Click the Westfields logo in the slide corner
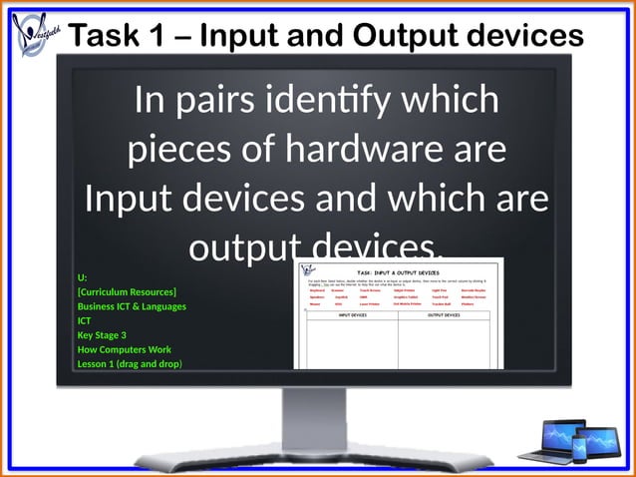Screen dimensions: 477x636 click(x=37, y=35)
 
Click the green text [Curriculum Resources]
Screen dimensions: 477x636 click(x=127, y=292)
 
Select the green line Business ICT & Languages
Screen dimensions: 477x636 click(x=132, y=306)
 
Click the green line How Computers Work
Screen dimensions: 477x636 click(x=124, y=349)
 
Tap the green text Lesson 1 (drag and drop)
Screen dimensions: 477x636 click(x=130, y=364)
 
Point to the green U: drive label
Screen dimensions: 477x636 click(x=82, y=277)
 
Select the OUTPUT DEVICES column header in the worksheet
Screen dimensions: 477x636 click(x=444, y=315)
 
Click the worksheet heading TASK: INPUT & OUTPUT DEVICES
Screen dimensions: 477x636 click(x=398, y=271)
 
